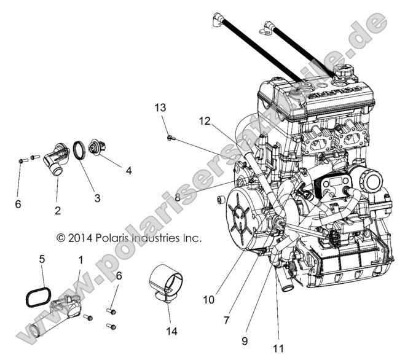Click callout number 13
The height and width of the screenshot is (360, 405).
coord(160,108)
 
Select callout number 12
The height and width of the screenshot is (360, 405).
coord(204,121)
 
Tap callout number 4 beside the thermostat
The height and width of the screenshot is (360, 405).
coord(128,171)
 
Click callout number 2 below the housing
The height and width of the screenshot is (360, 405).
coord(57,211)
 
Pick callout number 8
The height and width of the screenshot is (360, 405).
coord(177,197)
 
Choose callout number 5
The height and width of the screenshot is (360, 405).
coord(42,259)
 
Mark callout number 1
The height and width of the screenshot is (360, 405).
coord(80,260)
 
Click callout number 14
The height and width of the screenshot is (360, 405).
coord(170,331)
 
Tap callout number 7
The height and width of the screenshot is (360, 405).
coord(227,320)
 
